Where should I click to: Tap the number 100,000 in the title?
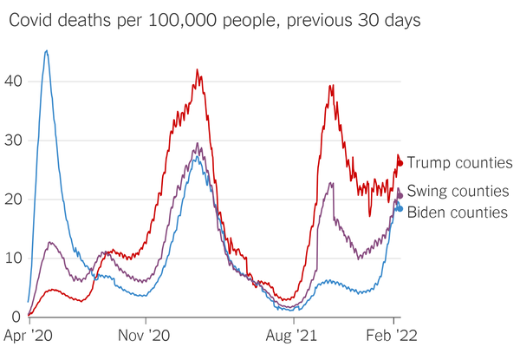[x=173, y=19]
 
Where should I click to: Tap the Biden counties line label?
[x=457, y=212]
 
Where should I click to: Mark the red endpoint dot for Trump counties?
[x=400, y=163]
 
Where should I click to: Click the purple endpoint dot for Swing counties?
[x=400, y=195]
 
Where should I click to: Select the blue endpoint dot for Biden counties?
[x=399, y=208]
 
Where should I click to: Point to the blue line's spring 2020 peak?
[x=46, y=51]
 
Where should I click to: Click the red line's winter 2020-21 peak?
[x=198, y=70]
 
